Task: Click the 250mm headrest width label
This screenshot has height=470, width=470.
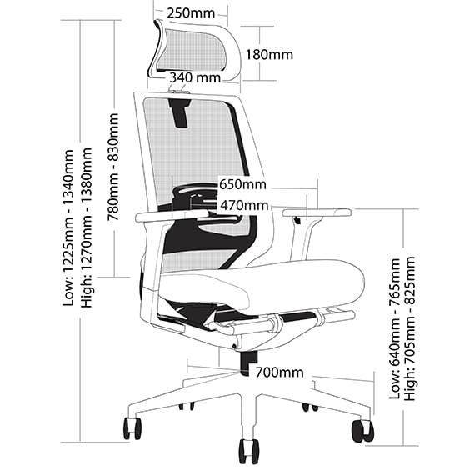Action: click(x=190, y=13)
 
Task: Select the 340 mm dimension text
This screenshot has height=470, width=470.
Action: click(x=195, y=77)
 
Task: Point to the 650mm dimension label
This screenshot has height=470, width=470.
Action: click(x=242, y=184)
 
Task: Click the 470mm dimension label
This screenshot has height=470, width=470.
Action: click(x=244, y=205)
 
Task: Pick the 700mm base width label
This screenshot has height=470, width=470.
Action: click(x=279, y=372)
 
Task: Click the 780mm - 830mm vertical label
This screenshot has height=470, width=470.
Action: click(x=113, y=167)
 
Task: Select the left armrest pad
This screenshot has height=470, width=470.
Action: click(x=172, y=215)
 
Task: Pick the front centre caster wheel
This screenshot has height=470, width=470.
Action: click(x=247, y=450)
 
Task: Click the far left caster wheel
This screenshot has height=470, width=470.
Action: click(x=132, y=427)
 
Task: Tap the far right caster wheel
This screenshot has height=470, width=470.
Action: click(x=362, y=430)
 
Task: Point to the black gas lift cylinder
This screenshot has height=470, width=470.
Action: click(x=247, y=361)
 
